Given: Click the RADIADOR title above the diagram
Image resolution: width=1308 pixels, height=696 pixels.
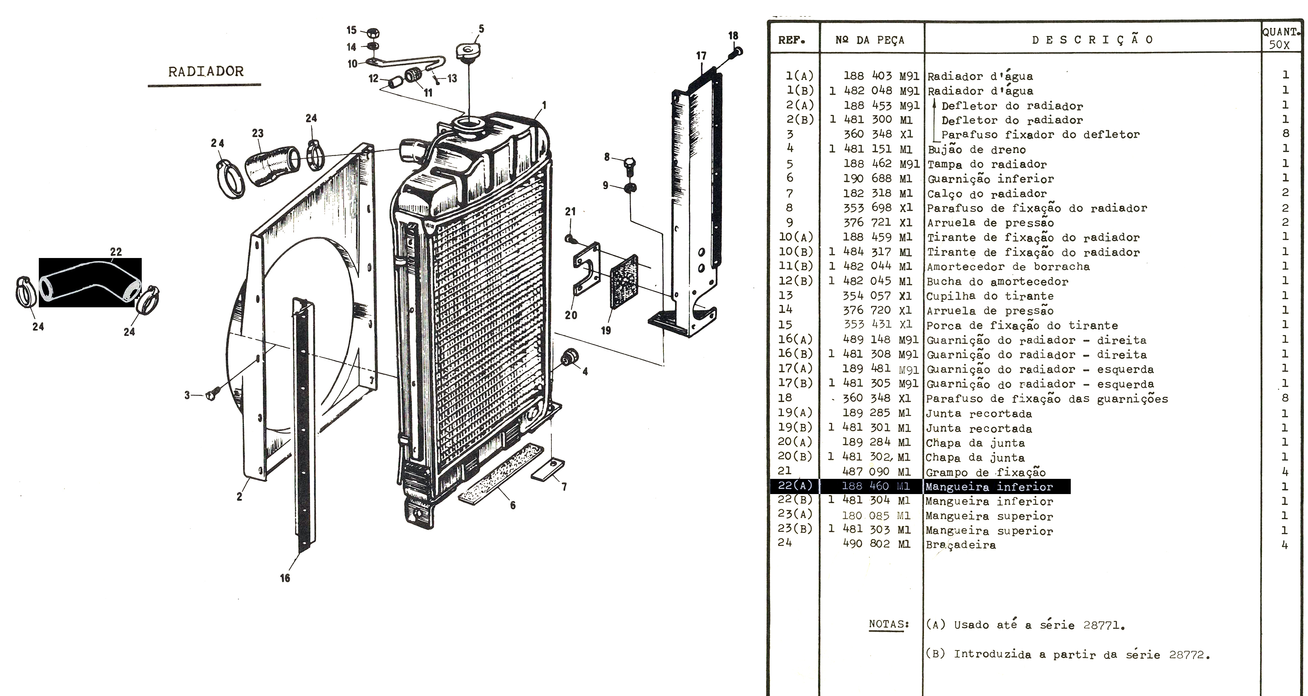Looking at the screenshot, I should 206,71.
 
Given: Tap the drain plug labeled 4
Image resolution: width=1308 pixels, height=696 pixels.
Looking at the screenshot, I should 570,358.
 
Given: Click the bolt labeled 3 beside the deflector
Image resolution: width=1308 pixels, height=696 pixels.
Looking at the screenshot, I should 212,394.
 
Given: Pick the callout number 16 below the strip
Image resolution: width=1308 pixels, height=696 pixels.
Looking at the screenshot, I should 285,577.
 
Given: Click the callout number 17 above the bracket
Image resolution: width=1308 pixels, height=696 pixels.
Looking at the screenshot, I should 701,56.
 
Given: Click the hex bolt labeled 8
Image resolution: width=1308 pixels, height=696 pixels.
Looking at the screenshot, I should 628,164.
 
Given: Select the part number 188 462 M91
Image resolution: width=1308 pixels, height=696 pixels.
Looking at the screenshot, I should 881,163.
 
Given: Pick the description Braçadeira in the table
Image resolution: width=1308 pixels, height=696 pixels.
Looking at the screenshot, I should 961,545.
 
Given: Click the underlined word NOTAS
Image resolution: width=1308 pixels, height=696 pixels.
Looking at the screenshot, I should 889,624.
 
